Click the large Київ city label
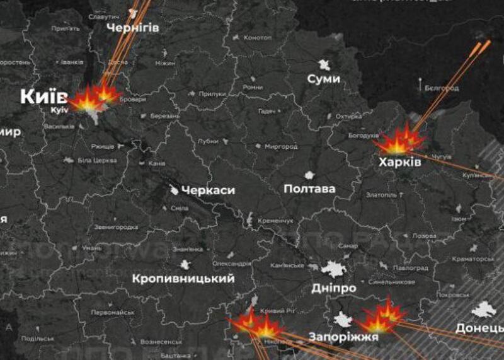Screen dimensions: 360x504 click(43, 96)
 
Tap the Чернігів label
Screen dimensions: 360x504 click(132, 28)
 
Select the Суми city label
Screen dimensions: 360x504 click(324, 79)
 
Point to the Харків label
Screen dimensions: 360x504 click(399, 163)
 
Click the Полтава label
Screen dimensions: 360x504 click(309, 189)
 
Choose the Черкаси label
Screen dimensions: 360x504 click(208, 190)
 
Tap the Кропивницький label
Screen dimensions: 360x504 click(183, 279)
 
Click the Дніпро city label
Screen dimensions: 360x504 click(334, 288)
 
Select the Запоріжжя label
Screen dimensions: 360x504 click(343, 337)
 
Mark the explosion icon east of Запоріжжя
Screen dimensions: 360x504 click(383, 317)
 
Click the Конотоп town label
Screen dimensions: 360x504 click(257, 38)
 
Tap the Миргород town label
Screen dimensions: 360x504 click(280, 146)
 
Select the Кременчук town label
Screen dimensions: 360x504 click(275, 221)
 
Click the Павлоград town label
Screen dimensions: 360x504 click(410, 268)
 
